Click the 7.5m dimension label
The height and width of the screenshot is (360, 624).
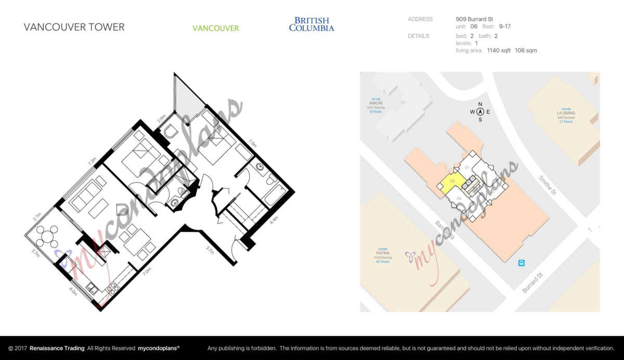coord(253,144)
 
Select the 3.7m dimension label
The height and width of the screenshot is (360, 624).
coord(210,250)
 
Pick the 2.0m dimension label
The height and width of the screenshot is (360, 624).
coord(161,119)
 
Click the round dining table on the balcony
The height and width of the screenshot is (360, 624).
coord(47,237)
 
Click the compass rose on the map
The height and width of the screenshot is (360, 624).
coord(480,111)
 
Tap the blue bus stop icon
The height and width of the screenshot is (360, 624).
coord(521,263)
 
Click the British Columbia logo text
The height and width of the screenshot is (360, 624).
coord(311,24)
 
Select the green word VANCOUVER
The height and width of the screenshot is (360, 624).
coord(216,28)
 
